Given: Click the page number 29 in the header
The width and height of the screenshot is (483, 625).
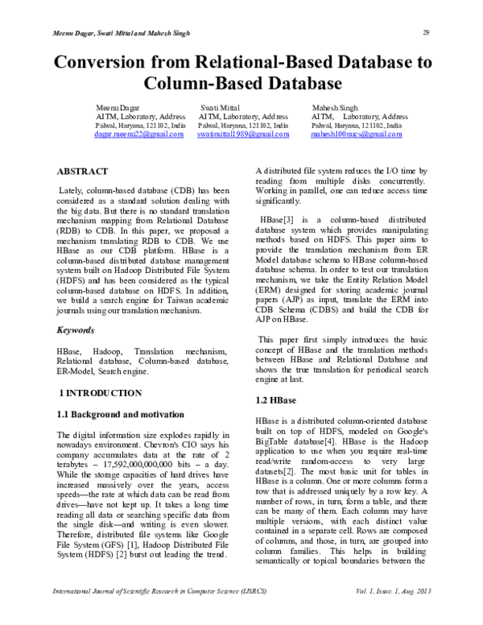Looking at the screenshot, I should [x=424, y=32].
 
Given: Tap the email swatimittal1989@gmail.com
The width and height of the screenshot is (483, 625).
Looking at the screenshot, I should [x=243, y=136].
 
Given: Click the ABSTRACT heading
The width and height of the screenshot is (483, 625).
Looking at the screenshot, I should [x=82, y=172].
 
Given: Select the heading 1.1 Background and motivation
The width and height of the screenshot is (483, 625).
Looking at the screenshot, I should [x=121, y=415].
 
